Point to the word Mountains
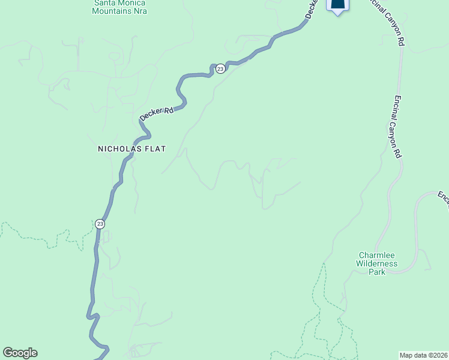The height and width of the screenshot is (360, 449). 112,11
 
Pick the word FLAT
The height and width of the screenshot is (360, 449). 154,148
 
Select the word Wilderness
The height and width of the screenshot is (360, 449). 376,263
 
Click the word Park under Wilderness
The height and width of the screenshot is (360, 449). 376,272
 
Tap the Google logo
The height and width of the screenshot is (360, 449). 20,353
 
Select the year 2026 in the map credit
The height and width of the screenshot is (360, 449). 439,355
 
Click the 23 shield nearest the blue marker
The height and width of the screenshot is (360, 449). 220,69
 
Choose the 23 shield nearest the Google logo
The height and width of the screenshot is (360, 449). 100,224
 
